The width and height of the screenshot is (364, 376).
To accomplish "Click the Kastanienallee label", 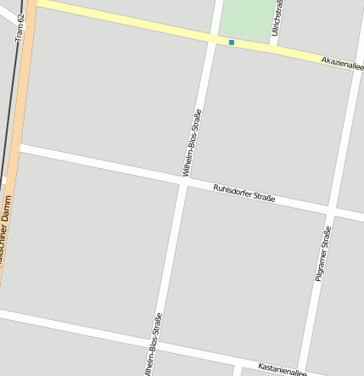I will (282, 370).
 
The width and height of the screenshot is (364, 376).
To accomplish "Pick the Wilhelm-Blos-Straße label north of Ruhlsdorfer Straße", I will (192, 143).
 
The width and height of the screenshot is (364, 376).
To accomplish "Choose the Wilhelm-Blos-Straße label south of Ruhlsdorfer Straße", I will (153, 345).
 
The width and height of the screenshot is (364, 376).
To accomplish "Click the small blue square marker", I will (231, 42).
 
